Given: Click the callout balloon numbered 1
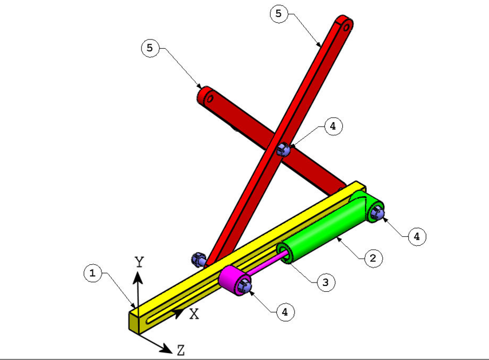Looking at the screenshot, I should point(91,273).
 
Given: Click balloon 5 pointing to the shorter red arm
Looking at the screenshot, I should point(150,48).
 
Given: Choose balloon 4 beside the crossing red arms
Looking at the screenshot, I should point(333,126).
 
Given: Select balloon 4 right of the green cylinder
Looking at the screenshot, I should point(417,236).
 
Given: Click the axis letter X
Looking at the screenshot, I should point(194,314).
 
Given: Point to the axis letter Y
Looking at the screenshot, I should point(139,263).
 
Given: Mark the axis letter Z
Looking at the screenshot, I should point(181,350).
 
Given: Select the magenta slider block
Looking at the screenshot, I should point(232,279).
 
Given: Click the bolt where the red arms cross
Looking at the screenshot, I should point(282,150).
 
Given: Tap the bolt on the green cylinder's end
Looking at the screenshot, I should point(377,213).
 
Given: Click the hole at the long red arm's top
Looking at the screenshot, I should point(346,24).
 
